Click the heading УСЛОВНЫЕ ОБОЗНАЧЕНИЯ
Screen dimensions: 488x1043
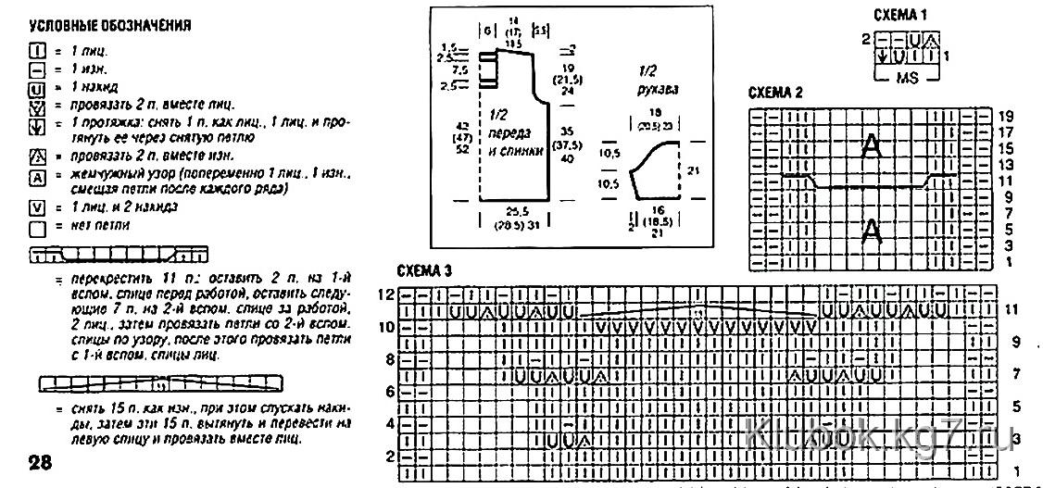[x=109, y=26]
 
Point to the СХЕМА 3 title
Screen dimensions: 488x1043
[x=424, y=271]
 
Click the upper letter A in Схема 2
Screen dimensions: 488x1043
[x=871, y=146]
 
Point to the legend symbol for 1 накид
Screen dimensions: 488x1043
[x=37, y=86]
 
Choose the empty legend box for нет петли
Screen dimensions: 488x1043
[x=37, y=226]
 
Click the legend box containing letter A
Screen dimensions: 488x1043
[x=37, y=176]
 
